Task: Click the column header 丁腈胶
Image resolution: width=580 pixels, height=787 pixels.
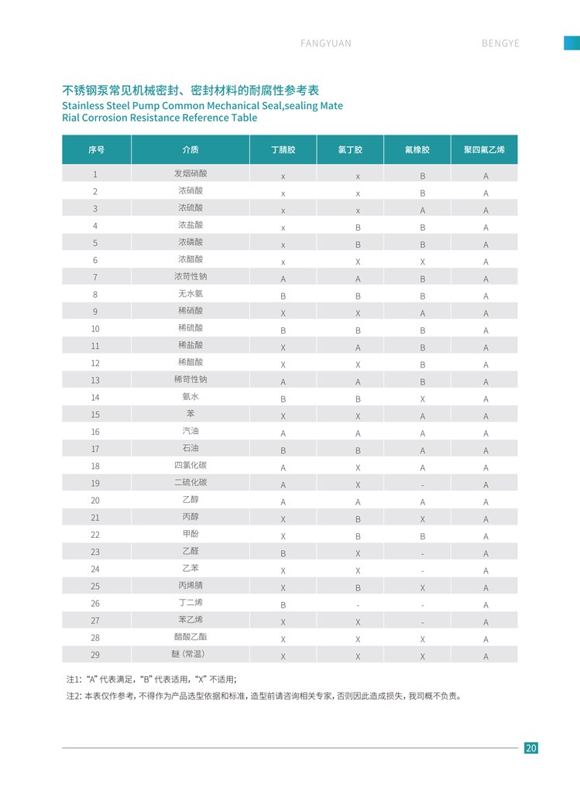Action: coord(283,149)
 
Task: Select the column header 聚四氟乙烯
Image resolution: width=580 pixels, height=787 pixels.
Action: coord(484,149)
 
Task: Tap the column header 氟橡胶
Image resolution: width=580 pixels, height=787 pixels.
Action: coord(417,149)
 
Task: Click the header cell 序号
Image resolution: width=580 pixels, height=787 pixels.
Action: coord(96,149)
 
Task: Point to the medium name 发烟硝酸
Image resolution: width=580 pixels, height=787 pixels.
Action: coord(190,174)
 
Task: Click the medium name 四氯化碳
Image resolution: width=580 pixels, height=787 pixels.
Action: coord(190,466)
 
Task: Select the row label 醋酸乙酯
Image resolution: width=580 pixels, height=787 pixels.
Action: coord(190,637)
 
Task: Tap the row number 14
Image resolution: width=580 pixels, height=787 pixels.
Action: coord(95,397)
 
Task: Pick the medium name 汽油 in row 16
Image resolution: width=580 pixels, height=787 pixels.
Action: coord(190,432)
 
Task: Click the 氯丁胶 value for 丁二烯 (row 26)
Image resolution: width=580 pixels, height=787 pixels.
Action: coord(358,605)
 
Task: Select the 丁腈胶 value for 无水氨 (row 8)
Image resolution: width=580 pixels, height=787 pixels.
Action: coord(283,296)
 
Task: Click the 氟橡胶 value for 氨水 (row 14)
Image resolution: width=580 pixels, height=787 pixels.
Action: coord(422,399)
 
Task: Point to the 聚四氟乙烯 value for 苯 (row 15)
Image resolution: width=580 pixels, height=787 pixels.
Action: coord(486,416)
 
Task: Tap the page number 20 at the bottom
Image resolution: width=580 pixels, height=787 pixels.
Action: coord(530,748)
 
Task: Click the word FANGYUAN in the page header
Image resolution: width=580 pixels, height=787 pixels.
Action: coord(325,43)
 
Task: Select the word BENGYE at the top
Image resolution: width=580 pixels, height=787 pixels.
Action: coord(500,43)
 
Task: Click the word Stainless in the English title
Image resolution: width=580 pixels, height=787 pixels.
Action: coord(83,105)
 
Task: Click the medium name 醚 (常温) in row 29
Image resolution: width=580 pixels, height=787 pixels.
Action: coord(190,654)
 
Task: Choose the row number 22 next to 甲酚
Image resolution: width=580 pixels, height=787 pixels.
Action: coord(95,535)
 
